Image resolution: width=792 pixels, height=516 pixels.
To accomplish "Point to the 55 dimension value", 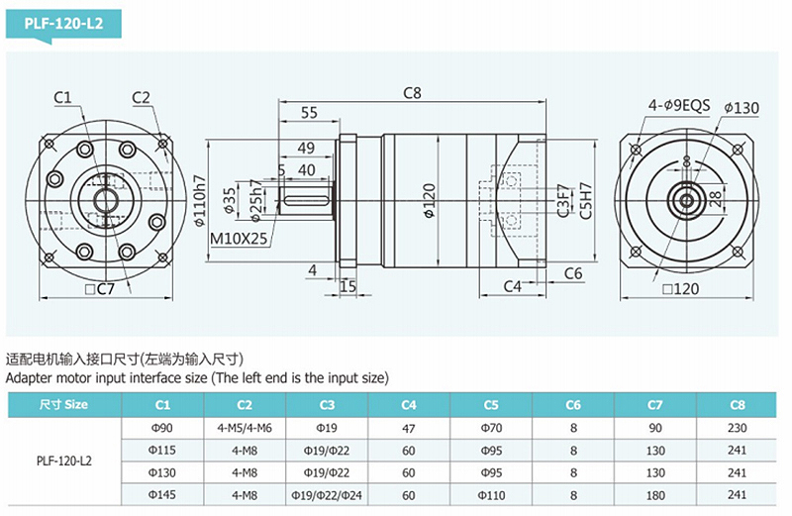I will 309,113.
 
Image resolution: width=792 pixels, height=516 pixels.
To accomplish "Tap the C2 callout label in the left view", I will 141,97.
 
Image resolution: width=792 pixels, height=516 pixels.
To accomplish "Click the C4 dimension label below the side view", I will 512,286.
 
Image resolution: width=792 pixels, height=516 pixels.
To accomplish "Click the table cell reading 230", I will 737,427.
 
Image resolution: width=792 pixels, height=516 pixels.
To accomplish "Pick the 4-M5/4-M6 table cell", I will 245,427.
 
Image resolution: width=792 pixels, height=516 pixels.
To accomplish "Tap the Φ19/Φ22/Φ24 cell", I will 327,493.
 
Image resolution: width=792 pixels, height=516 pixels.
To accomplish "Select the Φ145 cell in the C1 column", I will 162,493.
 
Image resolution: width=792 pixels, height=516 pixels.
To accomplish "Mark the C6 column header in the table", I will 573,404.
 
